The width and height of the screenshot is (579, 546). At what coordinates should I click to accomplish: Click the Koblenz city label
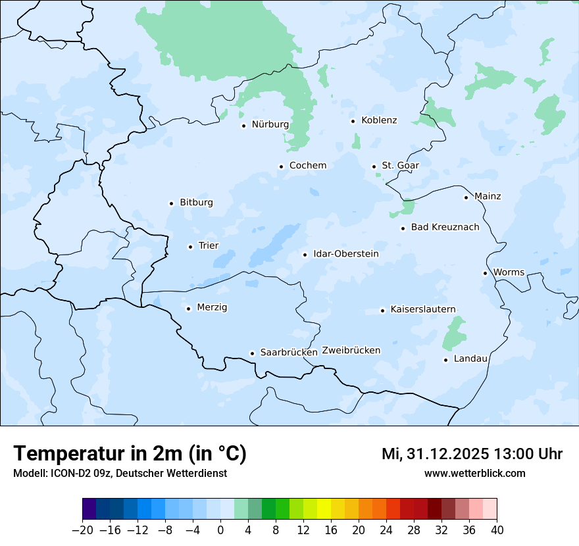tap(379, 120)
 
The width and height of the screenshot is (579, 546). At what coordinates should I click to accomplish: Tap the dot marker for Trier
tap(190, 247)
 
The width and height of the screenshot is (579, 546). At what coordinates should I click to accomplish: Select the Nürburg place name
tap(270, 124)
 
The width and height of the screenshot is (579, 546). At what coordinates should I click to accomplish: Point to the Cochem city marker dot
tap(281, 166)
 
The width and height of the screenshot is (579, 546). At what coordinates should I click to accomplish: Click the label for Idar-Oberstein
tap(346, 254)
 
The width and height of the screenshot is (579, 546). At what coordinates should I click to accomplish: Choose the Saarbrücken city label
tap(289, 353)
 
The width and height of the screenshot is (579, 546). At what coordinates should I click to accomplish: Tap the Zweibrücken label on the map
tap(351, 351)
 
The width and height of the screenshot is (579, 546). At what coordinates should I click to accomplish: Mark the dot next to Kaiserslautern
tap(382, 310)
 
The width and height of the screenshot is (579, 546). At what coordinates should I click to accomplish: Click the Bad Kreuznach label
tap(445, 228)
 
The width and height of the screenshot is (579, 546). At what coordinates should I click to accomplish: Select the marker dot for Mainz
tap(466, 197)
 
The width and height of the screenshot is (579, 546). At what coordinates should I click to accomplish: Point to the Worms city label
tap(509, 272)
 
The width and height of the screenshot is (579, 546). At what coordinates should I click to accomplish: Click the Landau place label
tap(471, 359)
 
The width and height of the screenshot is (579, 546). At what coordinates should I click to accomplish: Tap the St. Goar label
tap(401, 166)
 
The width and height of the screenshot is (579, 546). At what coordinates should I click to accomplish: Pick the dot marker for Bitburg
tap(171, 203)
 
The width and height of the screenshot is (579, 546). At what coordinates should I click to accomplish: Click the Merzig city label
tap(213, 308)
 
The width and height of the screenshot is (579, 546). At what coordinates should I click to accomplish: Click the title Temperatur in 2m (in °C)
tap(130, 454)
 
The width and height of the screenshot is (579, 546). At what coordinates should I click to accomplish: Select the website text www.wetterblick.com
tap(475, 474)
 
